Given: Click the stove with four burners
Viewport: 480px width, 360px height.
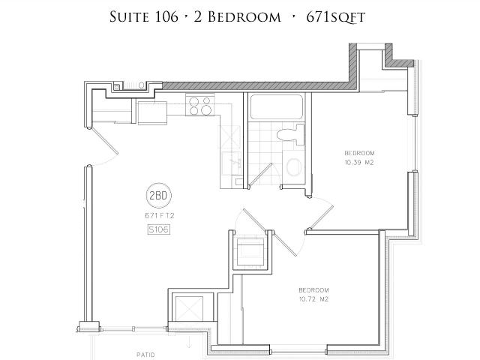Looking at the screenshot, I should (x=200, y=106).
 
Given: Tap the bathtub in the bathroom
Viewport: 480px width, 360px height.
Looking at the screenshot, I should (x=278, y=108).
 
